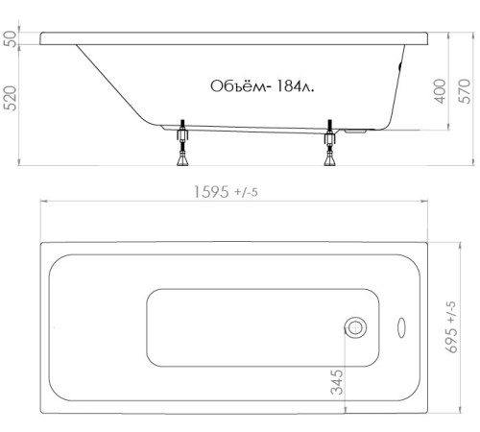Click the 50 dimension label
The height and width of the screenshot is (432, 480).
11,38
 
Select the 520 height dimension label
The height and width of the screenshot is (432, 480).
11,98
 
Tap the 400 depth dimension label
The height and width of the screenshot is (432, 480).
440,91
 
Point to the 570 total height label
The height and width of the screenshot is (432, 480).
465,91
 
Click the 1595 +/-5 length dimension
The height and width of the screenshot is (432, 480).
226,192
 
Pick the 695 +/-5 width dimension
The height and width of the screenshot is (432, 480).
452,326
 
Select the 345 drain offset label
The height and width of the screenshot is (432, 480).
337,382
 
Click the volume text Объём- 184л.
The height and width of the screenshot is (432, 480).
262,86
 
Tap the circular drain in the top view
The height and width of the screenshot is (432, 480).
355,327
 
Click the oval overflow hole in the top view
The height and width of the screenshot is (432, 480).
401,327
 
